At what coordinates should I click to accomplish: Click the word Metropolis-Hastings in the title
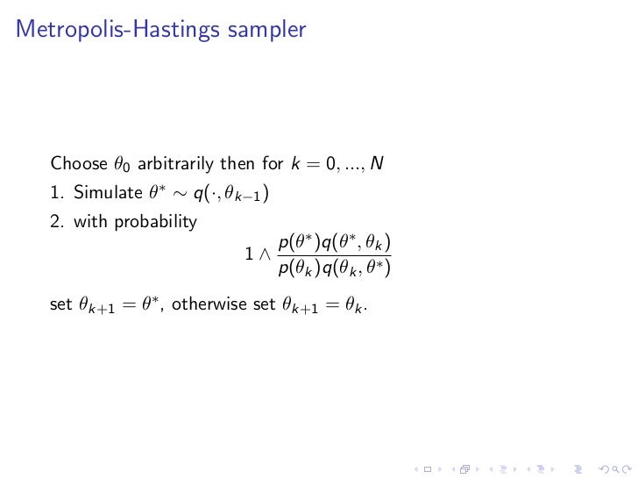point(118,30)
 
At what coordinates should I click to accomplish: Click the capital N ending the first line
point(377,163)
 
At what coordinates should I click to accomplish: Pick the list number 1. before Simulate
point(57,193)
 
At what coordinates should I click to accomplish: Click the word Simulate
point(102,193)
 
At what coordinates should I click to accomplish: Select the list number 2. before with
point(57,222)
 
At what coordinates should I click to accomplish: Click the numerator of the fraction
point(334,240)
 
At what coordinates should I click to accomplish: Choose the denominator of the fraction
point(334,269)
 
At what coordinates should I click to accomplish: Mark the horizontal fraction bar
point(334,254)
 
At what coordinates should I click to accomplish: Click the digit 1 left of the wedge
point(250,254)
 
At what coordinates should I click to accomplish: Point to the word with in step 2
point(88,222)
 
